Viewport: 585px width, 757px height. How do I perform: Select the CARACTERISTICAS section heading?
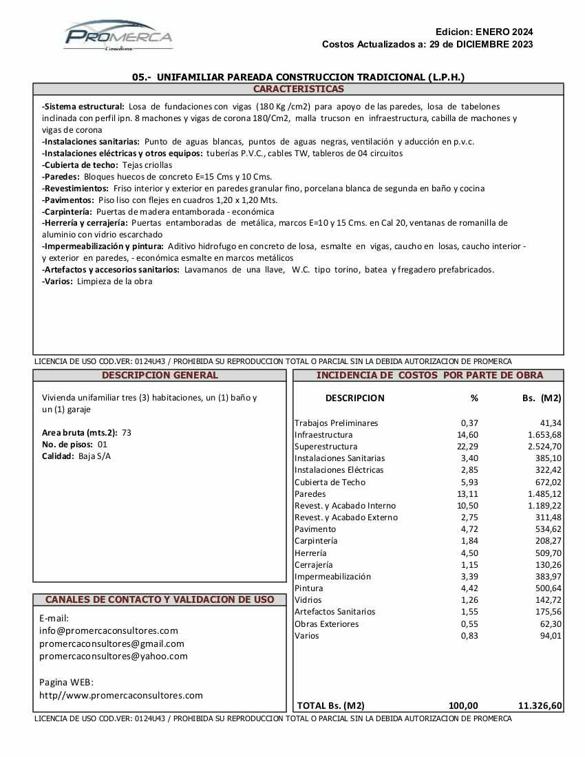[298, 89]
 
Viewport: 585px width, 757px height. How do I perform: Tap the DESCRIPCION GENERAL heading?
[160, 376]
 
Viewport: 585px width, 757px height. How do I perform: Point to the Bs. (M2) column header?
[542, 398]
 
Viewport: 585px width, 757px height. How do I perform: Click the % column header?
[474, 398]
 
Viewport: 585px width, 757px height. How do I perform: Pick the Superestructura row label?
[326, 447]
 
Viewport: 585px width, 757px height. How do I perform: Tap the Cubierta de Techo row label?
[330, 482]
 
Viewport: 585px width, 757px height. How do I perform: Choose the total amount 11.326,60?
[540, 705]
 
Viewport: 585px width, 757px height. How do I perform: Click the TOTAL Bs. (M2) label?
[331, 705]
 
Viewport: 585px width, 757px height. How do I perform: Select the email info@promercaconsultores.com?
[109, 630]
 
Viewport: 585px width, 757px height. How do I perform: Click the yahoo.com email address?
[114, 657]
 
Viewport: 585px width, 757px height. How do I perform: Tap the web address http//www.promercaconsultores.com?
[121, 696]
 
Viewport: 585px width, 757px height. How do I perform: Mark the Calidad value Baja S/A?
[94, 456]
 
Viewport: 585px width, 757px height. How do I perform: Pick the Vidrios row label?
[308, 600]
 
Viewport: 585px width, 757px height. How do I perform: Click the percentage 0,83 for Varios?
[469, 636]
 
